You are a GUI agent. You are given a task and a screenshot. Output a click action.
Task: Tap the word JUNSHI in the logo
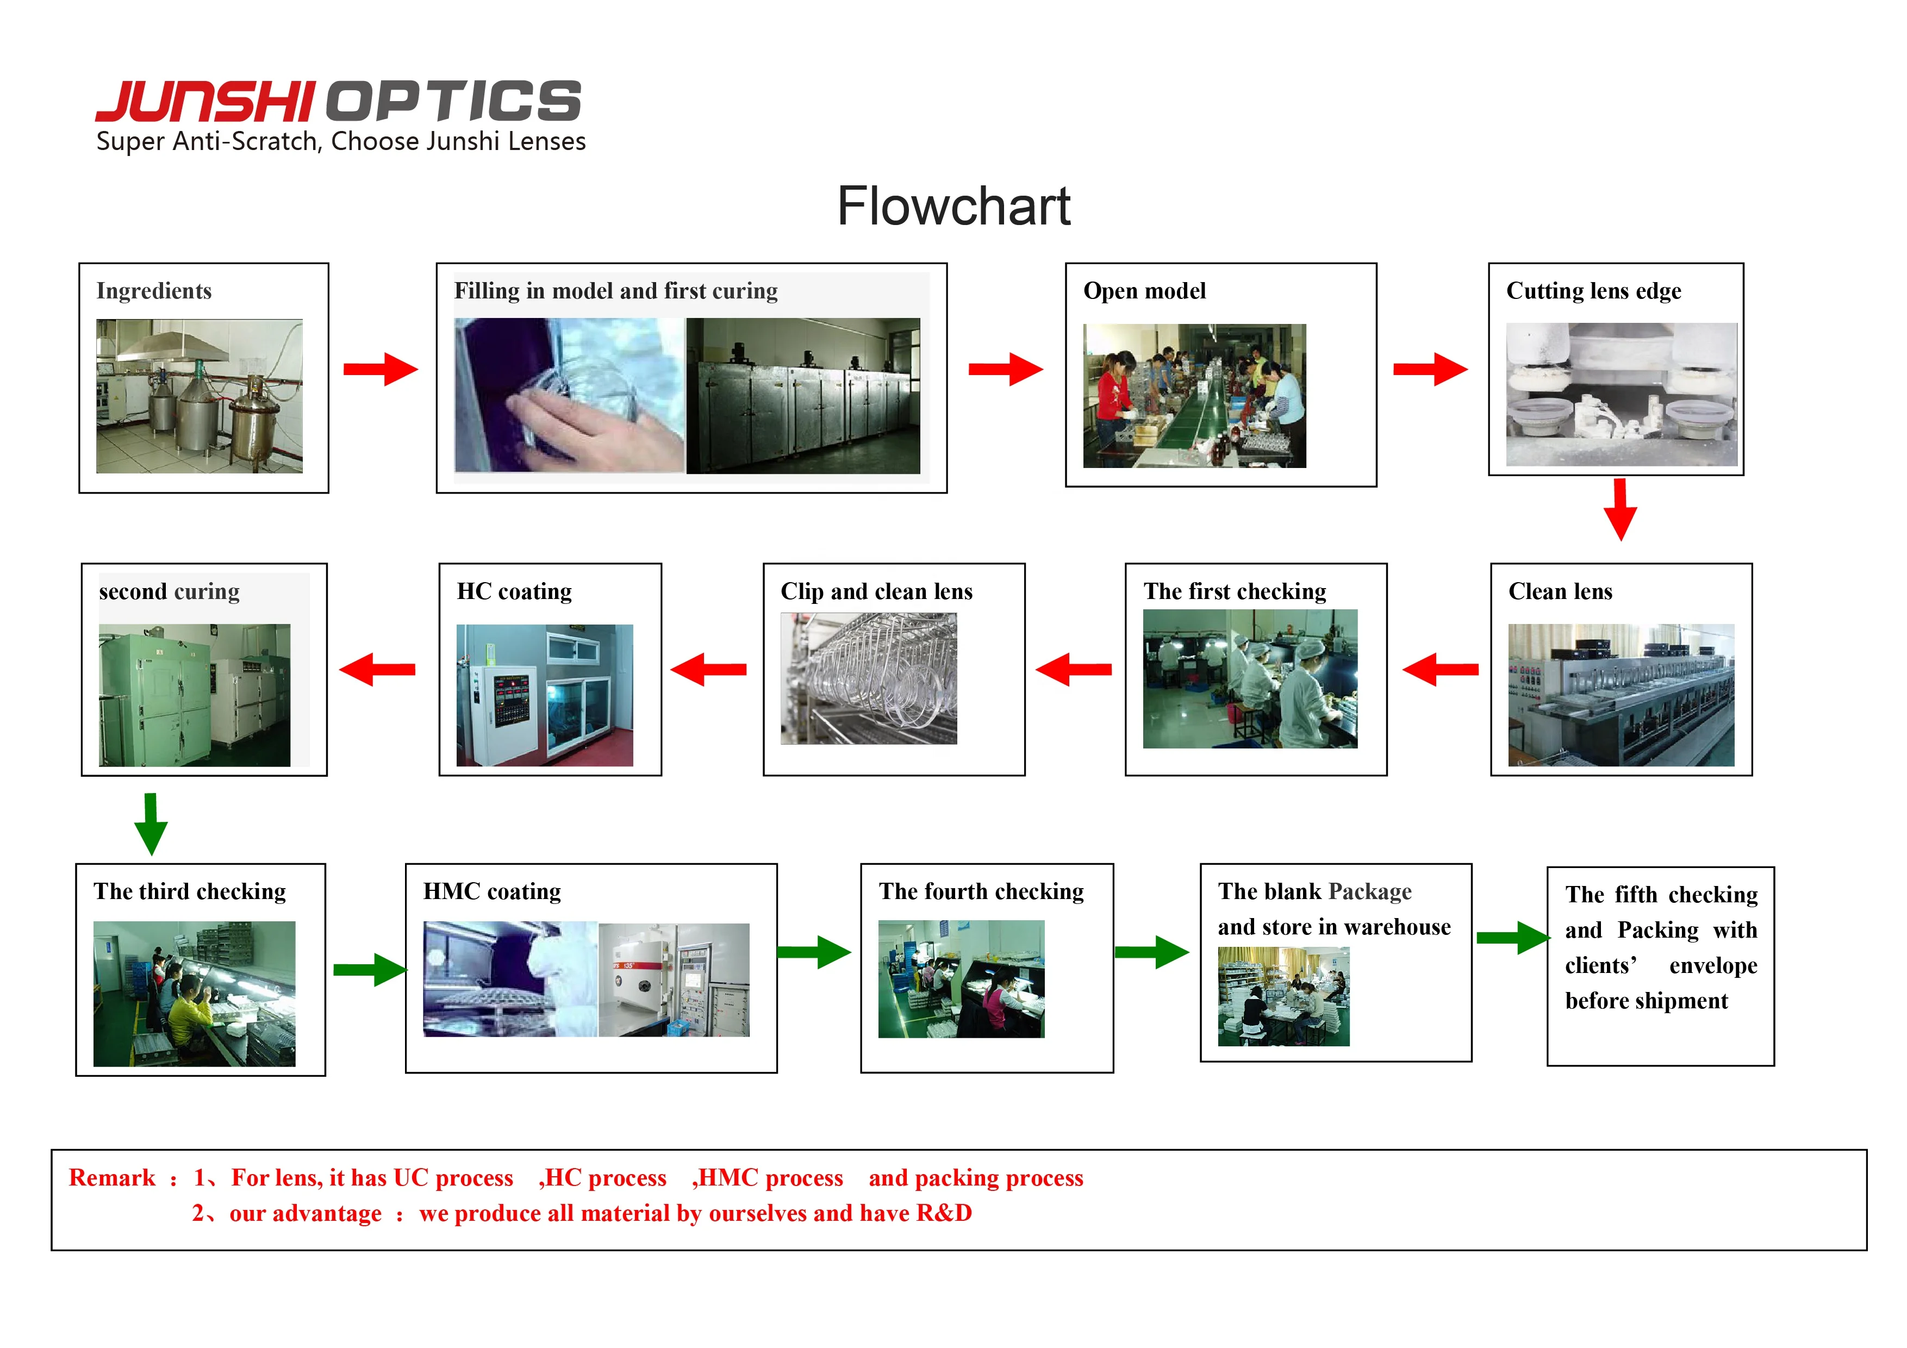coord(205,102)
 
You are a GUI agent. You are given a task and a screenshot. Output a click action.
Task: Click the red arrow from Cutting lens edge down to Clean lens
coord(1619,509)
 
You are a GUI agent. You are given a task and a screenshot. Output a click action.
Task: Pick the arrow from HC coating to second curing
coord(378,670)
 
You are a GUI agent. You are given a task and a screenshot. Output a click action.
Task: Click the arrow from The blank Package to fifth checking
coord(1512,938)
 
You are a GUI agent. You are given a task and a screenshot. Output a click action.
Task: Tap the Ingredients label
coord(154,291)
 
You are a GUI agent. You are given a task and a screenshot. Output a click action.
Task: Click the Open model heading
coord(1144,291)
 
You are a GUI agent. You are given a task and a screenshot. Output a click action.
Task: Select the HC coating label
coord(514,591)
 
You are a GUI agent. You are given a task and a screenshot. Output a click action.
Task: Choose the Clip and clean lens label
coord(876,591)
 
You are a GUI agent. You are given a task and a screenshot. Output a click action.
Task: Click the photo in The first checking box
coord(1249,678)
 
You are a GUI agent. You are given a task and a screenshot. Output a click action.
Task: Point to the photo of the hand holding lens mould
coord(569,395)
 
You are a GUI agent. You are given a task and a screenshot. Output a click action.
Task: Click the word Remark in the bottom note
coord(112,1178)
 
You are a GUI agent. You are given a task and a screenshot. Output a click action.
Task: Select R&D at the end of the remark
coord(944,1213)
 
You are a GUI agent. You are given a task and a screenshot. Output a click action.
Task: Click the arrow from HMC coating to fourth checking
coord(814,952)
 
